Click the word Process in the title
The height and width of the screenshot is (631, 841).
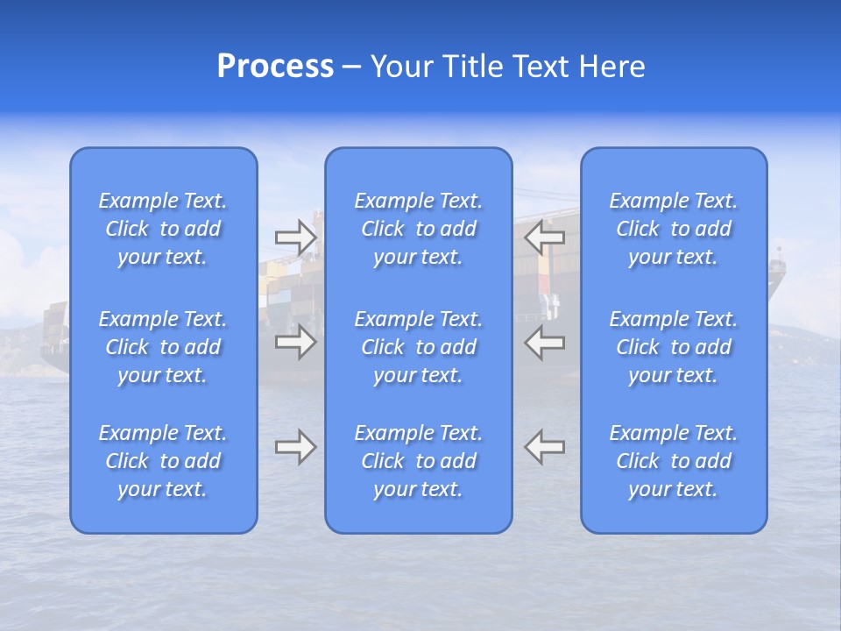coord(275,67)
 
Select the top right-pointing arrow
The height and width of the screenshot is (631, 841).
coord(295,237)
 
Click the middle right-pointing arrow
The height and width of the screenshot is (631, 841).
coord(295,342)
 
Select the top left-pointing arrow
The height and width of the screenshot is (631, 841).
coord(545,237)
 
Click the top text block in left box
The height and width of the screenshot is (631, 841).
coord(163,229)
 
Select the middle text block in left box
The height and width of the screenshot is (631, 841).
coord(163,347)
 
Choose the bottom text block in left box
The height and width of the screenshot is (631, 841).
coord(163,461)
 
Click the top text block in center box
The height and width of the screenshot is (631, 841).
coord(419,229)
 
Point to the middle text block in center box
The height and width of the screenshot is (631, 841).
coord(419,347)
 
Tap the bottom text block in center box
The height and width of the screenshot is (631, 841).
coord(419,461)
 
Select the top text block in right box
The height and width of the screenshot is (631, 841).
coord(674,229)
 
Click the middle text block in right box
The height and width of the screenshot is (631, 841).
coord(674,347)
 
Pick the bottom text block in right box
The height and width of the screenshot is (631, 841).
coord(674,461)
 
